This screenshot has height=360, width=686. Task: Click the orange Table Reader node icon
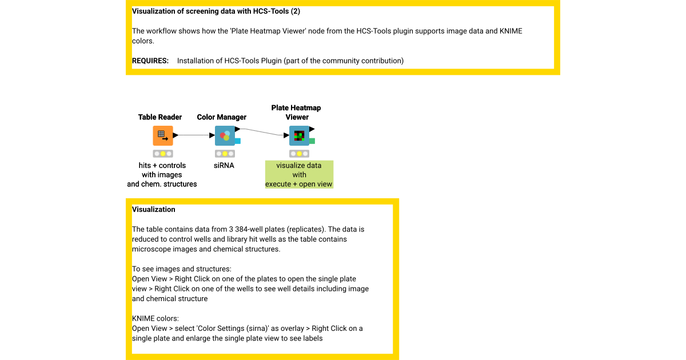162,135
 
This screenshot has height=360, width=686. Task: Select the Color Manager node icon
225,135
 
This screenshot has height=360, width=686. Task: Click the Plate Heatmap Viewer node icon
299,135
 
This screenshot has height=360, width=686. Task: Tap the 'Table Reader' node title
160,117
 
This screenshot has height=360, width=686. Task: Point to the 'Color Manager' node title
222,117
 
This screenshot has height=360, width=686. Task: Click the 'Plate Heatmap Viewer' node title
296,113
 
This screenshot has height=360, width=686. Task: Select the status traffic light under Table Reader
162,154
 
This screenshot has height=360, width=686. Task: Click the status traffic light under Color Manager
225,154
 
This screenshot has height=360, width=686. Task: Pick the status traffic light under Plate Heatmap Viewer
299,154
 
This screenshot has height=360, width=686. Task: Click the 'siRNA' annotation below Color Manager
224,166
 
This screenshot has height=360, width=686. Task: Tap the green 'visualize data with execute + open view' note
299,174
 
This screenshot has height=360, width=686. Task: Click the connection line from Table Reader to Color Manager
194,135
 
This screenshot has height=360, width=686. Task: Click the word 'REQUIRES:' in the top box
150,61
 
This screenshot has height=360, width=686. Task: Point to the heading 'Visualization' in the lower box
153,210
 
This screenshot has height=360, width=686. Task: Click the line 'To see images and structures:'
182,269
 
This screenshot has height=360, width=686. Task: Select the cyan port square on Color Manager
237,141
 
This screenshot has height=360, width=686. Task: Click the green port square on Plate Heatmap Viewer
312,141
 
